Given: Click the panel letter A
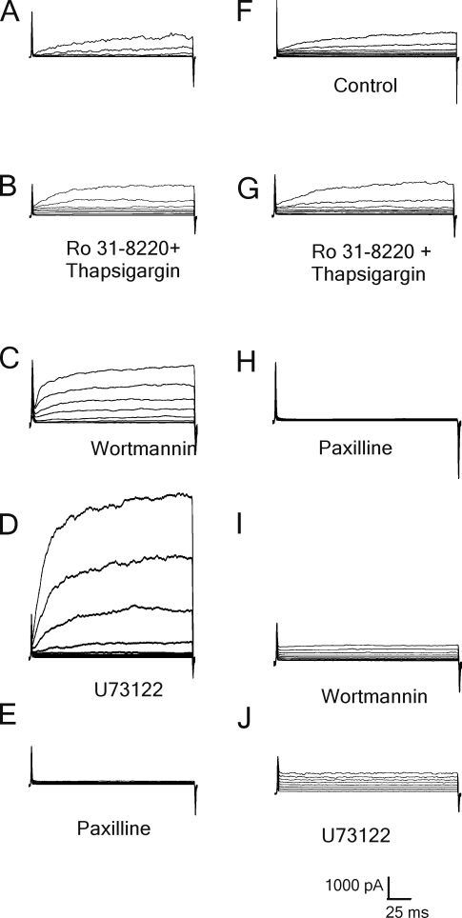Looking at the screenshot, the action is coord(10,11).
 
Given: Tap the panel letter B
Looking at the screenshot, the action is coord(9,190).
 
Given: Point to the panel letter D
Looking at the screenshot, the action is coord(9,527).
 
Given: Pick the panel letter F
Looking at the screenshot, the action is coord(246,11).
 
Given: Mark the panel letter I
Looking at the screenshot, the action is coord(241,527).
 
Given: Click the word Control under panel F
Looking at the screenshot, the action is coord(365,86).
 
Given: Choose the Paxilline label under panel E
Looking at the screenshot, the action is coord(114,828).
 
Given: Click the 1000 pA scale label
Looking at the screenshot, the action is coord(354,886).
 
